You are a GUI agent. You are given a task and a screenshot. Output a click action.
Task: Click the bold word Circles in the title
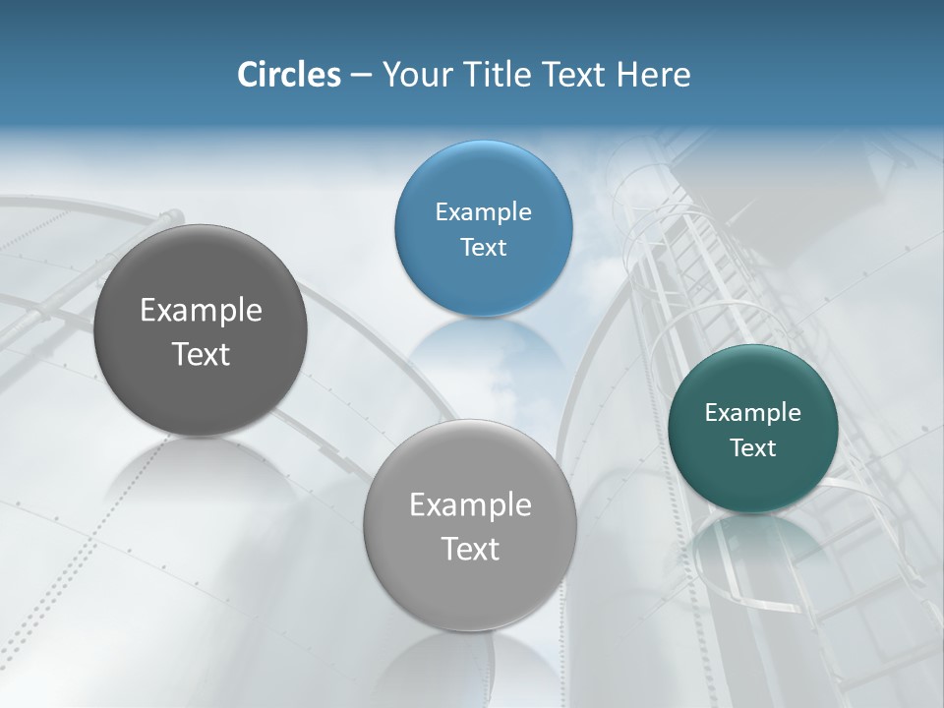pos(289,75)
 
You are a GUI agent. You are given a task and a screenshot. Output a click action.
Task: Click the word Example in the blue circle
pos(483,211)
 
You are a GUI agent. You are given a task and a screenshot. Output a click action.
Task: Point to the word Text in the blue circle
pos(483,247)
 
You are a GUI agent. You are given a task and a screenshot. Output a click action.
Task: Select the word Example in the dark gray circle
pos(201,311)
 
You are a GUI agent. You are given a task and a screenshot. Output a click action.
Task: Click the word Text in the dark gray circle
pos(201,354)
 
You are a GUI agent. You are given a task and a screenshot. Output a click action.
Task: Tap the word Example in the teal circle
pos(753,412)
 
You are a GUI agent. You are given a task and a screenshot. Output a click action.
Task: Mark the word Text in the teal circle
pos(753,448)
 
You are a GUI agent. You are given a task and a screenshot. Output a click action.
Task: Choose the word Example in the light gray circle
pos(470,505)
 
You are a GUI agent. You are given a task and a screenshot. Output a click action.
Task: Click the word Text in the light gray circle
pos(470,549)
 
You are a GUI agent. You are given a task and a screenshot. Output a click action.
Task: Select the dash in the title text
pos(361,76)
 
